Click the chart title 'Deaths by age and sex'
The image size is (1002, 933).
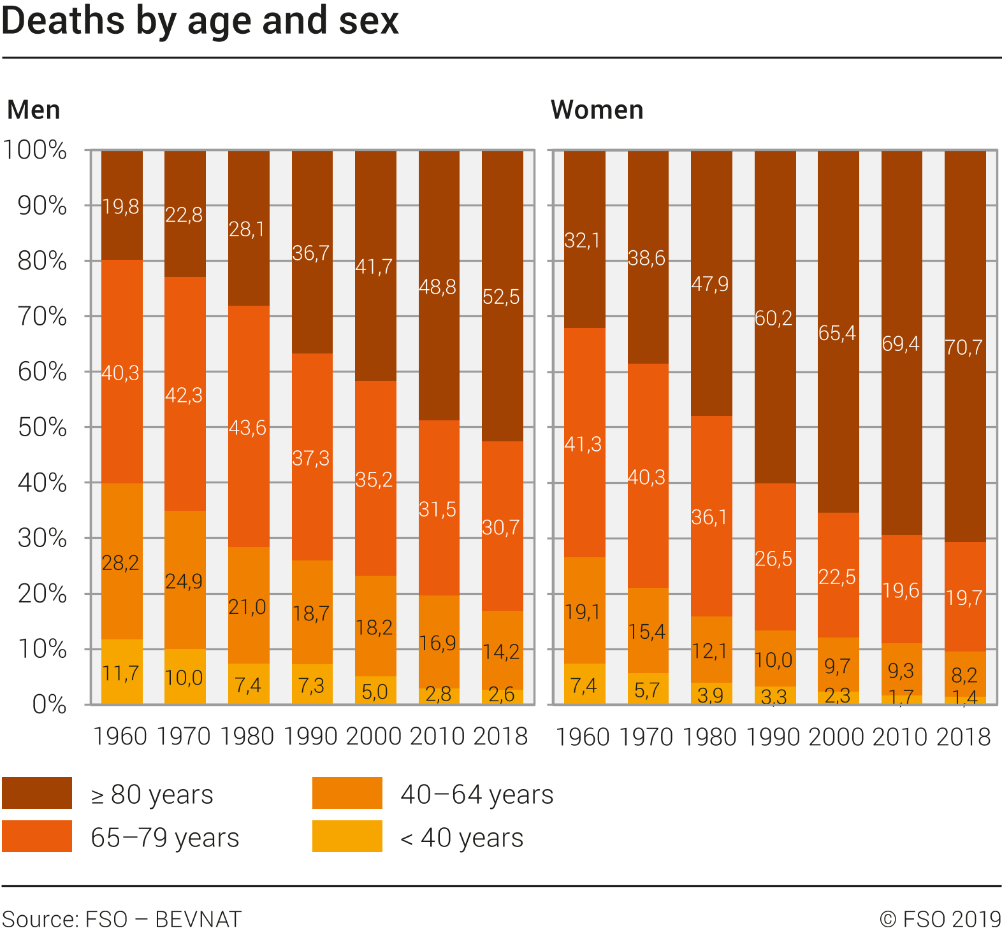click(x=200, y=20)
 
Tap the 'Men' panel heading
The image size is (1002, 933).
click(x=34, y=110)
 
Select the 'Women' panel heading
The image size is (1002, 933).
click(x=597, y=110)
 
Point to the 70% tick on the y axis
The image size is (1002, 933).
click(x=42, y=317)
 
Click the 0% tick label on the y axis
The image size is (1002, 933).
click(x=49, y=705)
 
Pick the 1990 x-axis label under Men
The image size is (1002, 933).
click(x=311, y=737)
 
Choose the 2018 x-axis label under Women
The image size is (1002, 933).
click(x=963, y=737)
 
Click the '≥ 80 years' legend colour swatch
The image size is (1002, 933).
click(x=37, y=793)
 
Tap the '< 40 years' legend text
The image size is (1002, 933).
click(x=462, y=838)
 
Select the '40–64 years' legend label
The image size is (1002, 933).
click(x=477, y=795)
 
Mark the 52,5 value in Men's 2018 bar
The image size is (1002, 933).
click(x=501, y=297)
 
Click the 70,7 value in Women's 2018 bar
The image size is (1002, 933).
click(x=964, y=347)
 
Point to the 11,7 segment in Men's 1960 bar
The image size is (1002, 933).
click(x=120, y=673)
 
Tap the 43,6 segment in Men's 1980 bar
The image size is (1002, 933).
click(x=248, y=427)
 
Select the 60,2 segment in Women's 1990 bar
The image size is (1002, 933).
click(x=774, y=318)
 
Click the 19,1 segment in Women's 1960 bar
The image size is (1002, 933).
click(x=583, y=612)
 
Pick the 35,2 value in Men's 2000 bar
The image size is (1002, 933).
click(x=374, y=480)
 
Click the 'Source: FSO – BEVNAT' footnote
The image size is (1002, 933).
click(x=122, y=920)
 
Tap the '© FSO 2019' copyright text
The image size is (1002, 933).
click(x=940, y=920)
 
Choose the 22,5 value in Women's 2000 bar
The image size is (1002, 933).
click(x=838, y=577)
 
